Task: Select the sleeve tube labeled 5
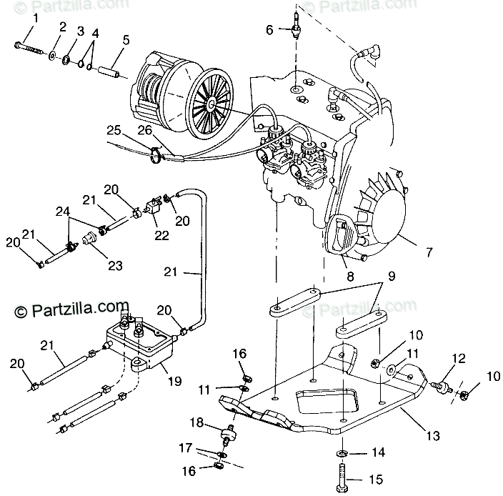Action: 114,73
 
